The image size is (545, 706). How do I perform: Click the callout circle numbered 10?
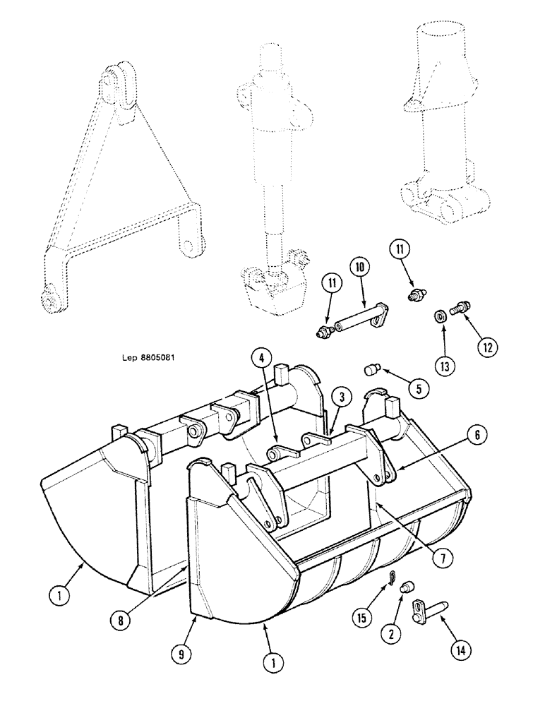point(359,268)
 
